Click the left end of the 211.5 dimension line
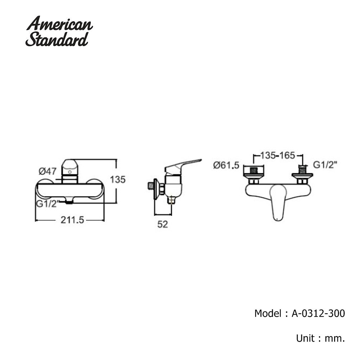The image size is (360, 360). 35,220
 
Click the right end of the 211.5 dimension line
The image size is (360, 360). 104,220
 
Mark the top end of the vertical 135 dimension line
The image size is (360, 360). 116,159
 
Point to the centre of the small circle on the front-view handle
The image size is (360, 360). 69,172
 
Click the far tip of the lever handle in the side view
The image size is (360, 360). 201,160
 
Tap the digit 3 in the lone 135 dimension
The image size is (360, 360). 118,180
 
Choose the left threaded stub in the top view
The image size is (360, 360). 253,170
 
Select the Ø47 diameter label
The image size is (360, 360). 48,171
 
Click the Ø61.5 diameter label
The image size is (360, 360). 226,165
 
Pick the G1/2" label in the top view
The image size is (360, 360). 325,165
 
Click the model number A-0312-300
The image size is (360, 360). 318,313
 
